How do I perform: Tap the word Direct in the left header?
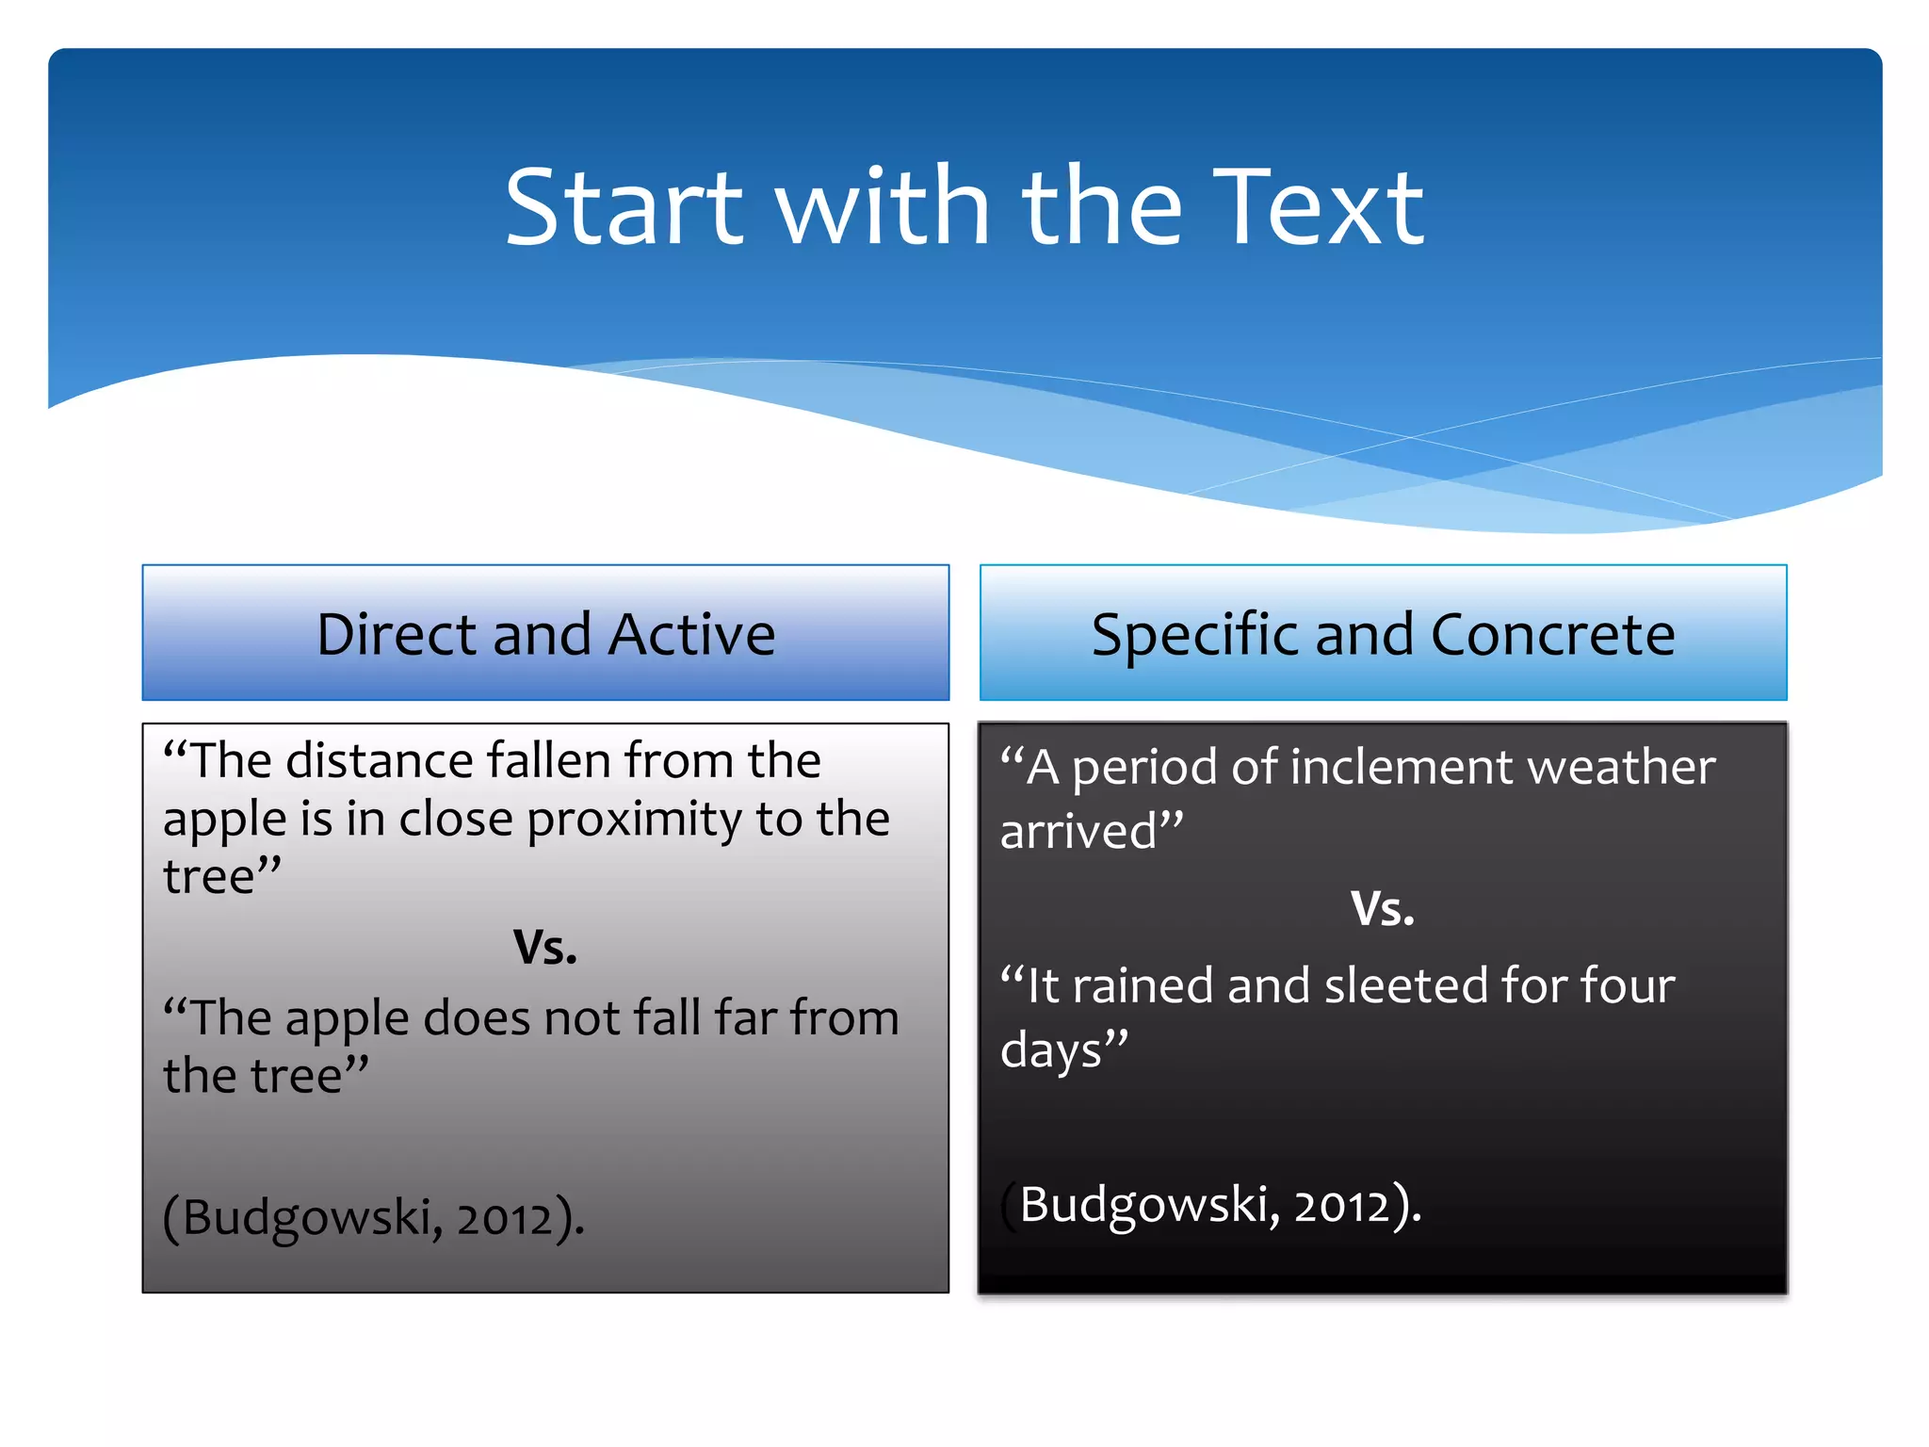click(x=396, y=634)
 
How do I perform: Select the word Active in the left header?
click(x=691, y=634)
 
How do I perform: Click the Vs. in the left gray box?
click(x=544, y=947)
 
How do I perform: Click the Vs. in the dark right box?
click(x=1382, y=909)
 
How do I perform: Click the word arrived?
click(x=1079, y=831)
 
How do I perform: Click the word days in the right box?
click(x=1050, y=1049)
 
